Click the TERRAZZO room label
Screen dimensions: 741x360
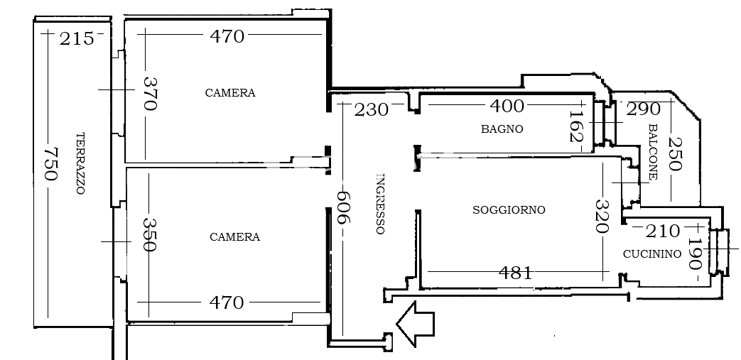pos(80,163)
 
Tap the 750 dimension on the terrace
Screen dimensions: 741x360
pos(50,164)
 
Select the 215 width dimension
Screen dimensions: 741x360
pos(77,39)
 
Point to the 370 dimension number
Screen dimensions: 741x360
pos(149,94)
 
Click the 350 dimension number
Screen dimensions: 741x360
pos(149,235)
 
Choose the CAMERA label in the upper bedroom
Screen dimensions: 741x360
pos(230,93)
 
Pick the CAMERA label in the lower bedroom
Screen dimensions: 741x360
pos(235,236)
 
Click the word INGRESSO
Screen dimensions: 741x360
pos(380,204)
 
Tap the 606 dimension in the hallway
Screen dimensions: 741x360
pos(342,207)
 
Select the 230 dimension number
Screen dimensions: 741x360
pos(371,110)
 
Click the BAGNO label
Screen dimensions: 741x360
pos(502,129)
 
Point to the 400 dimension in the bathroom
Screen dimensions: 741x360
pos(507,106)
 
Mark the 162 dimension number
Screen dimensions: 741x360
pos(576,126)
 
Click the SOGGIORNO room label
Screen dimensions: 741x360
pos(509,209)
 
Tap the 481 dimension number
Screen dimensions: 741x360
pos(515,273)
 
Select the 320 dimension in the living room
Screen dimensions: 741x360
pos(602,217)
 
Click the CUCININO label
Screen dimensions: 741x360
pos(652,254)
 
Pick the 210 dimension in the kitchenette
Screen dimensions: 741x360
pos(663,231)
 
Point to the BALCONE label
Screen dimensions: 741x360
pos(653,152)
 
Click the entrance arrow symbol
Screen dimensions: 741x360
pos(414,324)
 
